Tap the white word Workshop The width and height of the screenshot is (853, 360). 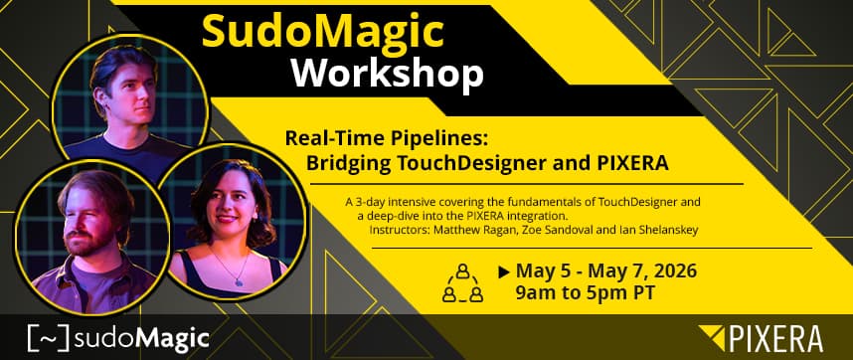[388, 73]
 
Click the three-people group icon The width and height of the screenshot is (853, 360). [462, 282]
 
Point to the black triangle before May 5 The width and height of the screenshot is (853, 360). [504, 271]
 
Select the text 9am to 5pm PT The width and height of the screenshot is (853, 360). [585, 293]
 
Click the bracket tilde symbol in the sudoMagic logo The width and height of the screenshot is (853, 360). [49, 338]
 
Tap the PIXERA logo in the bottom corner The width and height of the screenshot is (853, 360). [762, 338]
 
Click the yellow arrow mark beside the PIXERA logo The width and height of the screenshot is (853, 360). [712, 336]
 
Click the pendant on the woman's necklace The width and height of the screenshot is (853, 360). [239, 281]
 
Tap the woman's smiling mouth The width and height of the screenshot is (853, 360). [228, 219]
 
